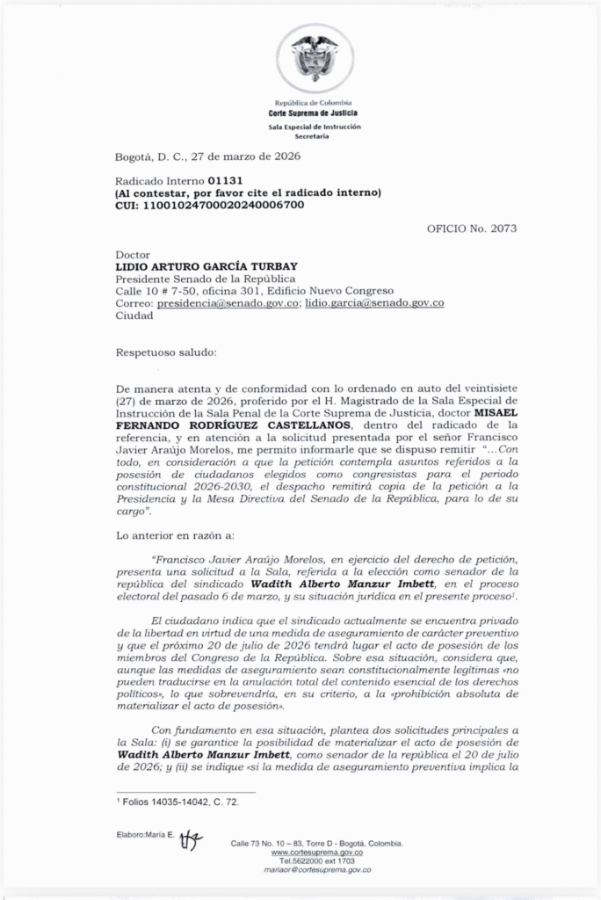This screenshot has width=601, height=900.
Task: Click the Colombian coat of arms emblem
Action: click(315, 58)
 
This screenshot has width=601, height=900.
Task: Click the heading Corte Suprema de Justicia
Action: click(314, 114)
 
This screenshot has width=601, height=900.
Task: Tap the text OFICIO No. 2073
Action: click(472, 229)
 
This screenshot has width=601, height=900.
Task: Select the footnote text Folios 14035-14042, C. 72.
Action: click(177, 802)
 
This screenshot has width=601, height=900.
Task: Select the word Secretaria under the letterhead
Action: click(314, 137)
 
